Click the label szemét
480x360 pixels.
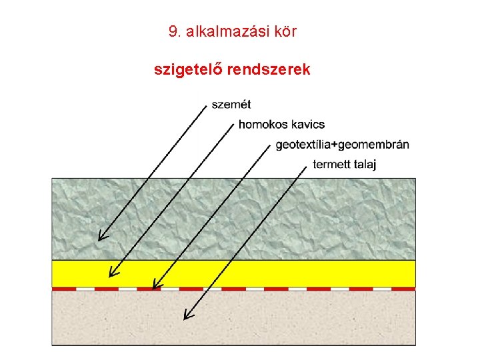[231, 104]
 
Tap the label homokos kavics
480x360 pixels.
[281, 124]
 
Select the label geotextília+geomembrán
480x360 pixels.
[342, 145]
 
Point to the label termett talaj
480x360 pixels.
[344, 165]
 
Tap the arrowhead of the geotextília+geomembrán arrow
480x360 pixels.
[154, 287]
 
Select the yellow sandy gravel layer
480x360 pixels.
[300, 273]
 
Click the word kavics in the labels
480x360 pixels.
[307, 124]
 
